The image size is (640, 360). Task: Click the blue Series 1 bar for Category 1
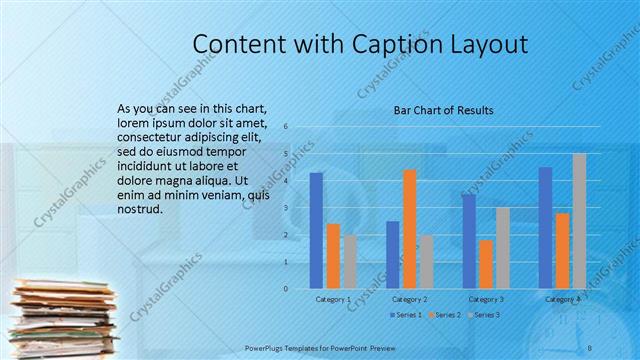click(316, 230)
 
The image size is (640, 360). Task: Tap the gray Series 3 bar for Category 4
click(579, 221)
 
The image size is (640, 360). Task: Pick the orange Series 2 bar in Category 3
click(486, 264)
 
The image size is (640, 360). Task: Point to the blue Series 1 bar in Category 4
click(545, 228)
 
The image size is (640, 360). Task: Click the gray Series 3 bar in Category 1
click(350, 262)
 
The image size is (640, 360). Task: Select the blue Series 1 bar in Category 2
click(392, 255)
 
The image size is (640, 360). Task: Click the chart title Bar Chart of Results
click(443, 110)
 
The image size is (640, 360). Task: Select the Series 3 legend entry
click(484, 315)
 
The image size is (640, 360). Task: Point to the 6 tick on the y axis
click(286, 127)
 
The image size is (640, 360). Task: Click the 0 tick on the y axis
click(286, 289)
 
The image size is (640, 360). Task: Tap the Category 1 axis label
click(333, 299)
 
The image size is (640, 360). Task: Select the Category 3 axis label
click(486, 299)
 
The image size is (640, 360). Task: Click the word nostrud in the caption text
click(139, 210)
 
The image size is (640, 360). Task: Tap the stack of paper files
click(60, 318)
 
